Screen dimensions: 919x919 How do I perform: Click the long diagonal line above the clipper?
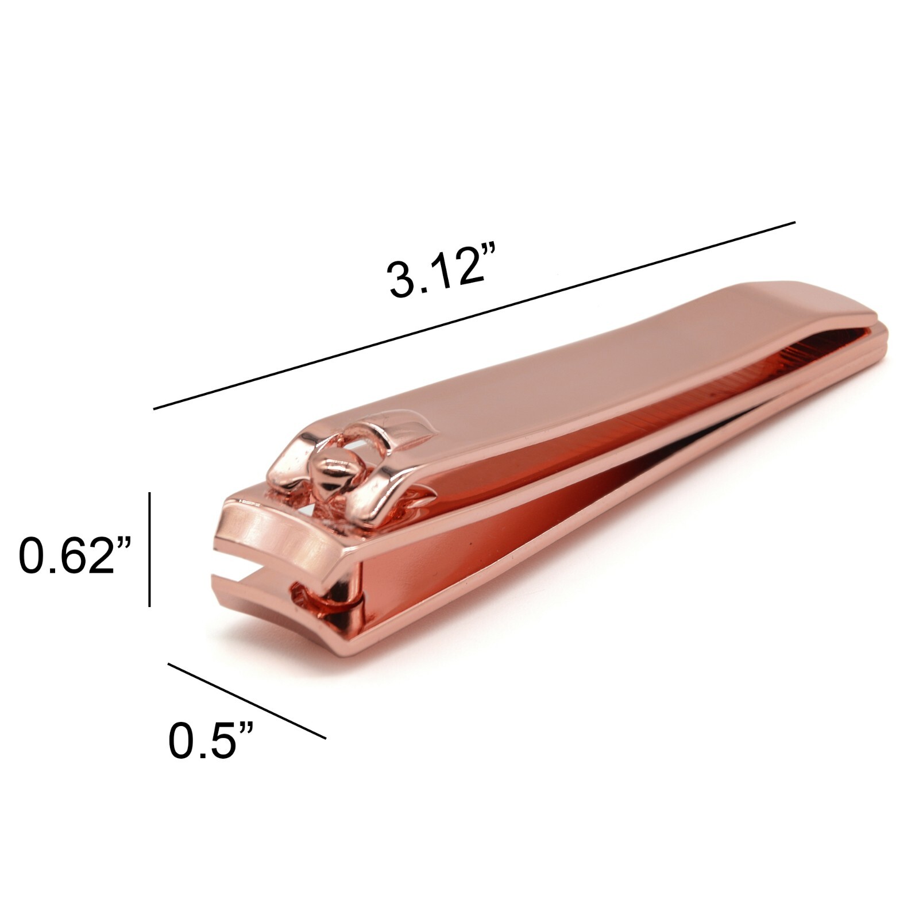pos(474,315)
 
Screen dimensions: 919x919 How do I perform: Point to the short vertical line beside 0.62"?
pos(150,549)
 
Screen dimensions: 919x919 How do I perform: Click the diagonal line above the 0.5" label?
pos(247,701)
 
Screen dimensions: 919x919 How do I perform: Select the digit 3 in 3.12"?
pos(401,279)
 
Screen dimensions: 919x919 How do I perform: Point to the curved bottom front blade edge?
pos(270,632)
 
